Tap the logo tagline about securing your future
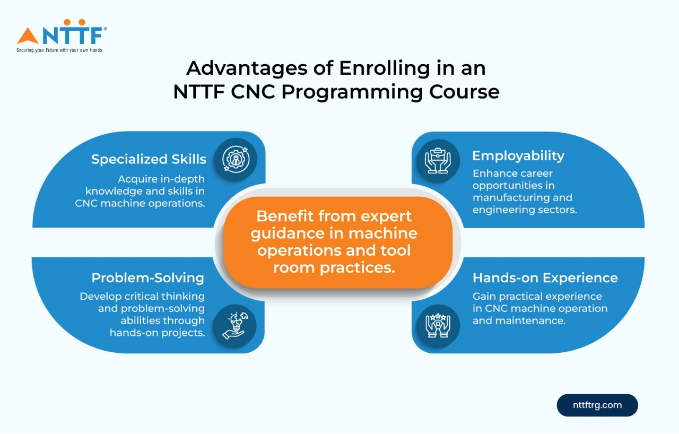point(59,50)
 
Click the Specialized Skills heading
point(149,159)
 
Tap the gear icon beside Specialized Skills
point(236,160)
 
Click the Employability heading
point(518,156)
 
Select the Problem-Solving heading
point(147,277)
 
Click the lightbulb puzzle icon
point(235,325)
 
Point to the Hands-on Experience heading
point(545,277)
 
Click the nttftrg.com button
point(597,405)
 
